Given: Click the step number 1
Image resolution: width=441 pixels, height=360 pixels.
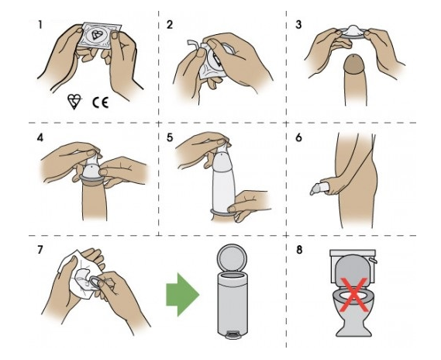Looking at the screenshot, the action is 40,25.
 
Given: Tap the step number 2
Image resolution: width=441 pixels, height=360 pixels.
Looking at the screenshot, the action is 170,25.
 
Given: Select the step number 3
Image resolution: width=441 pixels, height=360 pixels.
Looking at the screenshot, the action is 298,25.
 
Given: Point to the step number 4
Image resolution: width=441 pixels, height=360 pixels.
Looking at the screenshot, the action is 40,137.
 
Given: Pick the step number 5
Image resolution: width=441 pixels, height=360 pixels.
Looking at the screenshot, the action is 170,137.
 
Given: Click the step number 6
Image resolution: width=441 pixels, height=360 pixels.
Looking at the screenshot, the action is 298,137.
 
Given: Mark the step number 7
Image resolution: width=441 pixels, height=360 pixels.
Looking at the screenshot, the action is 40,250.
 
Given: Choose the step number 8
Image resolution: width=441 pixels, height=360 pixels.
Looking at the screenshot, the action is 299,250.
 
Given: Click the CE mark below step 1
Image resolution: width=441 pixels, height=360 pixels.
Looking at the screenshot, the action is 101,102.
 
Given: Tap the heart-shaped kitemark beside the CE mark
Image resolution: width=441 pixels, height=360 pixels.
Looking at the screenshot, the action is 74,102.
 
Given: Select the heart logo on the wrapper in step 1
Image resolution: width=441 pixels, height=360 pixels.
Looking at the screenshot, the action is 98,35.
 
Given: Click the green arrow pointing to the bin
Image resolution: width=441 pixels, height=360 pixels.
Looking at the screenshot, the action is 183,295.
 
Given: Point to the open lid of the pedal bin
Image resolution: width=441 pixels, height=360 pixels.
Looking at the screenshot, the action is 232,258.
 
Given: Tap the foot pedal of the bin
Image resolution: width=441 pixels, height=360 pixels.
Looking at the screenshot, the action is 233,335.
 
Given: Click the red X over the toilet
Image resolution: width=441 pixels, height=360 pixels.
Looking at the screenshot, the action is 354,294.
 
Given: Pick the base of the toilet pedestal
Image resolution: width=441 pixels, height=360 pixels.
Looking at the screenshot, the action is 354,332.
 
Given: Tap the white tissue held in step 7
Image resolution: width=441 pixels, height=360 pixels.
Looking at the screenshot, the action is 78,275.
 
